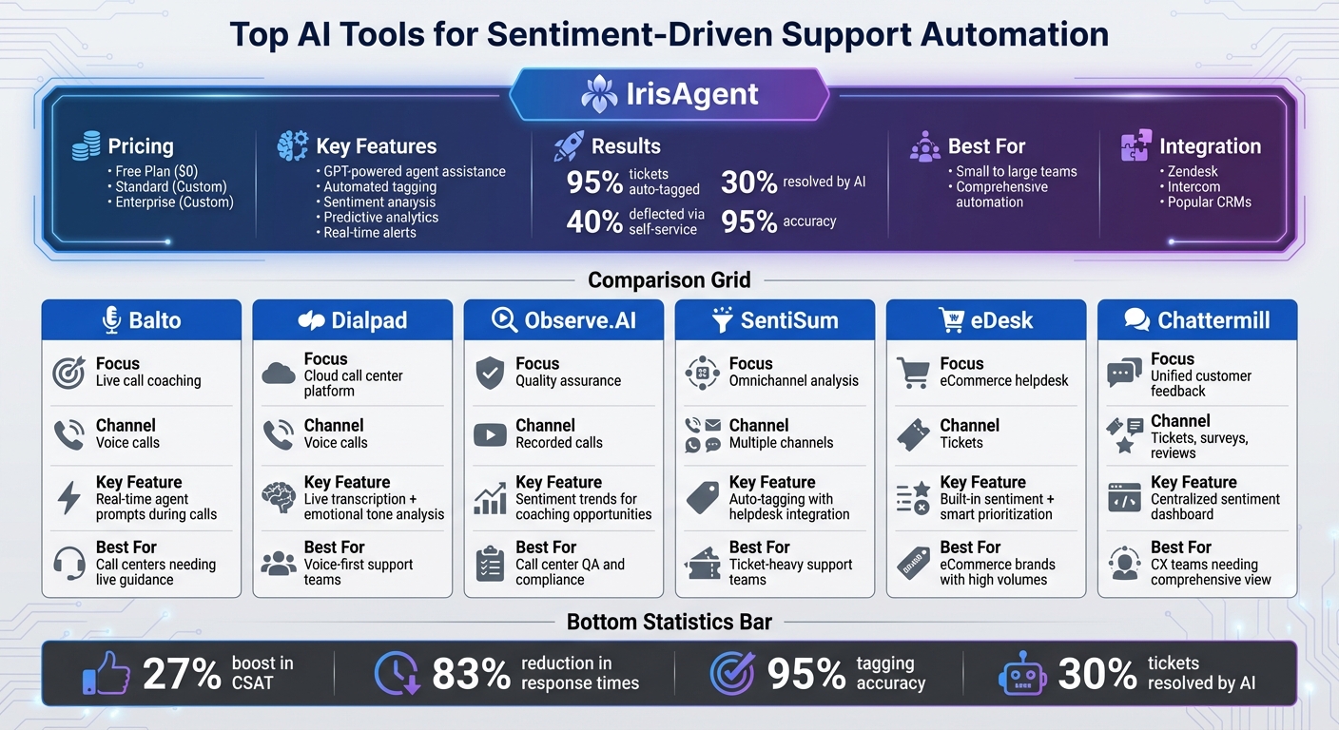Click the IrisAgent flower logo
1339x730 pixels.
pyautogui.click(x=598, y=94)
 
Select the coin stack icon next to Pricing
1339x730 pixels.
pyautogui.click(x=86, y=146)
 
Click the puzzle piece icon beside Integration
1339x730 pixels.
pyautogui.click(x=1135, y=146)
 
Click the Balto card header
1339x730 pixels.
pyautogui.click(x=141, y=320)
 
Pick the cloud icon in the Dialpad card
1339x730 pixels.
pyautogui.click(x=279, y=373)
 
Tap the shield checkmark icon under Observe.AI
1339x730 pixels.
pyautogui.click(x=490, y=373)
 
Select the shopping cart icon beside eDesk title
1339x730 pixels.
pyautogui.click(x=951, y=320)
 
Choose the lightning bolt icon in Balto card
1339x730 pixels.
pyautogui.click(x=68, y=498)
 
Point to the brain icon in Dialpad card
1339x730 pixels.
pyautogui.click(x=279, y=498)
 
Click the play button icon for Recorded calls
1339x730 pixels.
pyautogui.click(x=490, y=434)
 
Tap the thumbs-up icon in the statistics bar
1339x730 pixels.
pyautogui.click(x=106, y=673)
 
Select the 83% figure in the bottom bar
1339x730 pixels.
pyautogui.click(x=471, y=674)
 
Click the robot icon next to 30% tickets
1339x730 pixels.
pyautogui.click(x=1022, y=674)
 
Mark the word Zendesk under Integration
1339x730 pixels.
pyautogui.click(x=1193, y=171)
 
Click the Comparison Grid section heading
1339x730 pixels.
pyautogui.click(x=669, y=279)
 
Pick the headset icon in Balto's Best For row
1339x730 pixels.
pyautogui.click(x=68, y=563)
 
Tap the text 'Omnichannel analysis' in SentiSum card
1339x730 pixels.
pyautogui.click(x=793, y=381)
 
